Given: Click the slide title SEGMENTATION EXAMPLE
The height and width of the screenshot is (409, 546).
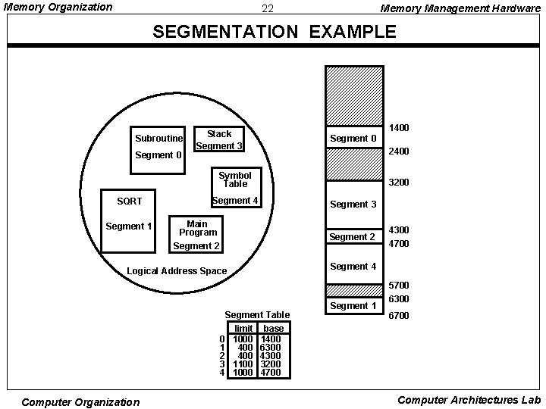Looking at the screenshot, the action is point(274,32).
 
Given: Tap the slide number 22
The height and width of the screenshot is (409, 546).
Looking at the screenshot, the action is point(267,9).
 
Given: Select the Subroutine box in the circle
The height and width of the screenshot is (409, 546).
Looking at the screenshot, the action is point(158,138).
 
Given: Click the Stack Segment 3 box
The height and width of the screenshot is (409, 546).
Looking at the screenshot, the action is point(219,139).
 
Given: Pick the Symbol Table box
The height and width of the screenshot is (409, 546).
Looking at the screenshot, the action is point(234,180).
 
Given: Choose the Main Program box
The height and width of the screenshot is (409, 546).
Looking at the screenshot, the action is point(196,233).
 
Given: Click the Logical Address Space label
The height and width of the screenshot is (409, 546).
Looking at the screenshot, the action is point(177,270).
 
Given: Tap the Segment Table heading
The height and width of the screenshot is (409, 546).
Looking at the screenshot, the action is point(257,314).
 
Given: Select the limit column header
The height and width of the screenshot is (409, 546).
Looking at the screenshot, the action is point(243,328).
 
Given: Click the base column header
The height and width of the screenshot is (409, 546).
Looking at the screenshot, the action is point(273,328).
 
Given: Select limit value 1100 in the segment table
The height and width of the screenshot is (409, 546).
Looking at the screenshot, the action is point(243,364).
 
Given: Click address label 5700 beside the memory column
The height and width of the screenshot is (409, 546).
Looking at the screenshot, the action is point(398,286).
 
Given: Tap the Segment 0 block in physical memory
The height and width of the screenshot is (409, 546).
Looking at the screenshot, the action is point(353,137).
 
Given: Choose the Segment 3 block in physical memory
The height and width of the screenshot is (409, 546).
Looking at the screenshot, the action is point(353,204).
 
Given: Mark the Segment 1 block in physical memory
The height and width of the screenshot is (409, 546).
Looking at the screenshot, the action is point(353,306).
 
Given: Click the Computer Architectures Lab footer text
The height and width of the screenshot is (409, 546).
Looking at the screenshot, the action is point(469,400).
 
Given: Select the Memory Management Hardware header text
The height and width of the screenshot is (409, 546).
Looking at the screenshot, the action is point(460,8).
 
